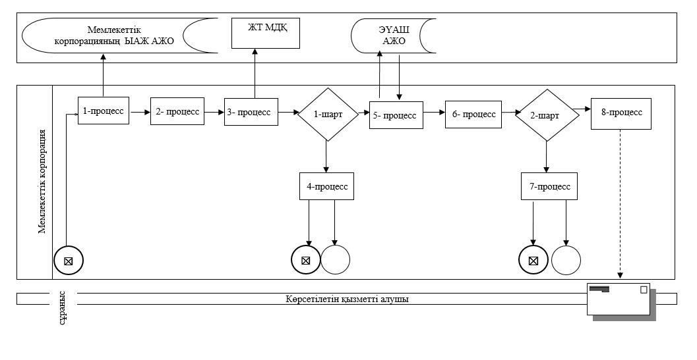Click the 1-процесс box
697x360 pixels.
pos(104,111)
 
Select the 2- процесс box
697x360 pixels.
pos(177,111)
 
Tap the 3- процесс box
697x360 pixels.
pos(251,112)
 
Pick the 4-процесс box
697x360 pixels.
pos(326,186)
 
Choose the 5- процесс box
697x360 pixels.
pos(396,115)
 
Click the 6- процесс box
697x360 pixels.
pos(473,115)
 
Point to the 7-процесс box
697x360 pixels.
pos(549,186)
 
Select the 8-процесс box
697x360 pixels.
pos(621,114)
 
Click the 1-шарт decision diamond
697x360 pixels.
pos(328,115)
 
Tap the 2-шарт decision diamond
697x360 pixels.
pos(547,115)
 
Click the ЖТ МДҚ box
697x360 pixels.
pos(266,34)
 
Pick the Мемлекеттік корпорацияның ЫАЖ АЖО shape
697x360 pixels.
pos(119,36)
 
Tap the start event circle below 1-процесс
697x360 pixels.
pos(69,260)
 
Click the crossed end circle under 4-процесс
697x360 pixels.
pos(306,260)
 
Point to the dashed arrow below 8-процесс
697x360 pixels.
pos(621,204)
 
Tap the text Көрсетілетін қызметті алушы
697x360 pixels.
pos(347,299)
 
